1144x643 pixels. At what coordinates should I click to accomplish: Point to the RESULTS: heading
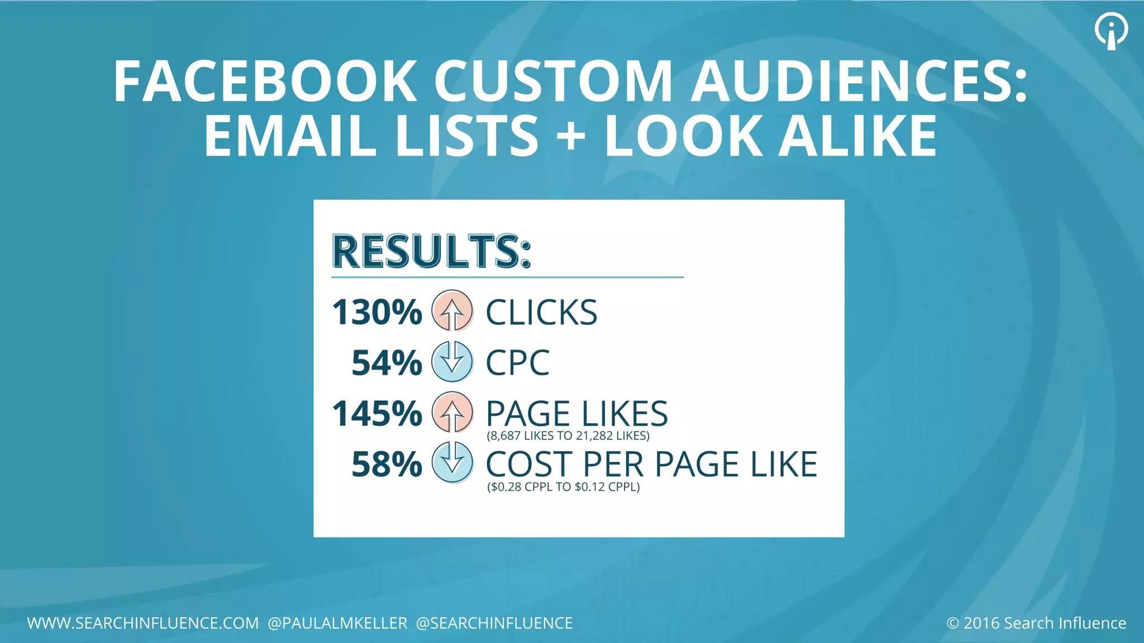tap(431, 251)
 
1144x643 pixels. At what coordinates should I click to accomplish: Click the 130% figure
tap(377, 312)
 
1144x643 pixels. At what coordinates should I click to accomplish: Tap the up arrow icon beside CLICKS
tap(452, 311)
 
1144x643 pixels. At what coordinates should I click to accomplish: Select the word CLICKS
tap(541, 313)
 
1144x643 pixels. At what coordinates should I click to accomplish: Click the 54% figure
tap(387, 363)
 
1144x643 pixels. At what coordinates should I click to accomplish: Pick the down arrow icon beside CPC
tap(452, 362)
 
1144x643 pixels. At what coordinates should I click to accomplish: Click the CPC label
tap(517, 363)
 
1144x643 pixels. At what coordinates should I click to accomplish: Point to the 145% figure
tap(377, 414)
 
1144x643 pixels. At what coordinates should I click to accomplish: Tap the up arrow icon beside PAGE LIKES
tap(452, 413)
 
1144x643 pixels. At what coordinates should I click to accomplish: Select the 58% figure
tap(387, 465)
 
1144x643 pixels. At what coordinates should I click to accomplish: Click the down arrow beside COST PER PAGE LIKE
tap(452, 463)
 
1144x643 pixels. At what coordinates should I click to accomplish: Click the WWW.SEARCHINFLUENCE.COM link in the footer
tap(143, 623)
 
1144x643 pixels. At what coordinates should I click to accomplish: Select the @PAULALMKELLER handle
tap(338, 623)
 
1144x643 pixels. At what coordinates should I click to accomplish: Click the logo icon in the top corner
tap(1111, 31)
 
